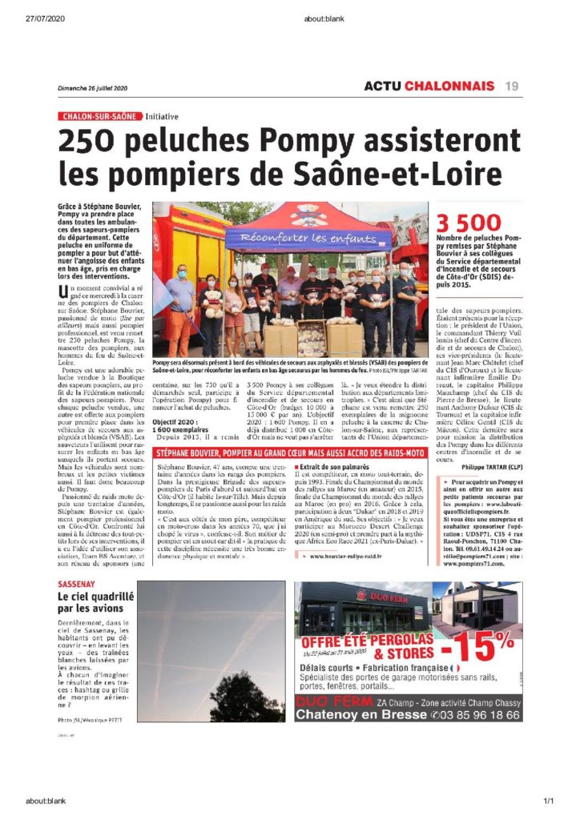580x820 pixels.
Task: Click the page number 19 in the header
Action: click(x=511, y=86)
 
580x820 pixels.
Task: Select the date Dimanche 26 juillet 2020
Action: click(x=93, y=88)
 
